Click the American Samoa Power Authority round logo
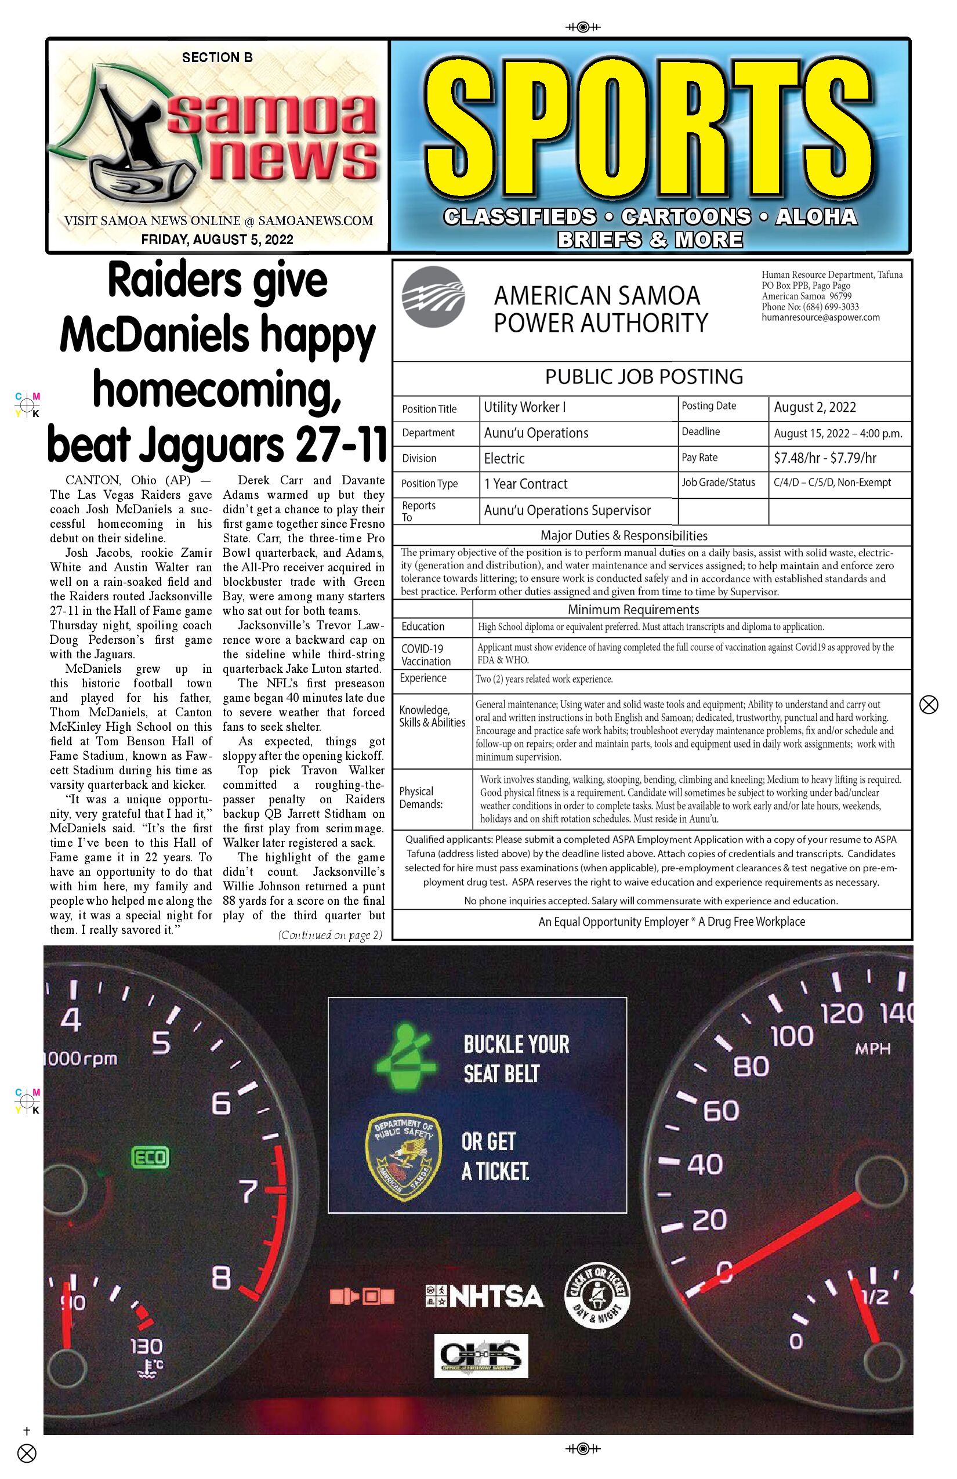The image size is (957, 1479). pyautogui.click(x=433, y=296)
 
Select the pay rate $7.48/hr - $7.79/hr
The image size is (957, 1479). pyautogui.click(x=825, y=458)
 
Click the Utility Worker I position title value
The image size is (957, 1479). pyautogui.click(x=524, y=407)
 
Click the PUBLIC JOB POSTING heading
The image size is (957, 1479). pyautogui.click(x=644, y=376)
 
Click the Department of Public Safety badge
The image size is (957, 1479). pyautogui.click(x=403, y=1157)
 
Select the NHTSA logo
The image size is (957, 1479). pyautogui.click(x=484, y=1296)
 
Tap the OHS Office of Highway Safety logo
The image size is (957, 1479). pyautogui.click(x=481, y=1355)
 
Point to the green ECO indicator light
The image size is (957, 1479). pyautogui.click(x=150, y=1157)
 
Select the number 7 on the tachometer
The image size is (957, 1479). pyautogui.click(x=249, y=1191)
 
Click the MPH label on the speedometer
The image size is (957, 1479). pyautogui.click(x=872, y=1049)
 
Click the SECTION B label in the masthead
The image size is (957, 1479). pyautogui.click(x=217, y=58)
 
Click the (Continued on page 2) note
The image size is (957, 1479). pyautogui.click(x=330, y=934)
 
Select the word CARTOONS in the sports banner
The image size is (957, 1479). pyautogui.click(x=686, y=216)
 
